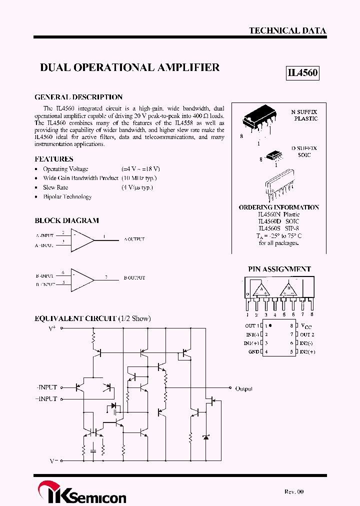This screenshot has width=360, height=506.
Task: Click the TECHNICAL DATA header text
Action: tap(287, 30)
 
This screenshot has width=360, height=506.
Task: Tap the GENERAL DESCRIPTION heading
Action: tap(78, 97)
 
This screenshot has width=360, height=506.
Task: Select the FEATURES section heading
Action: tap(54, 159)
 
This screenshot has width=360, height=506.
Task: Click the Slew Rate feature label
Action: tap(55, 187)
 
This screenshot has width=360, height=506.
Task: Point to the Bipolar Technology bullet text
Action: tap(67, 197)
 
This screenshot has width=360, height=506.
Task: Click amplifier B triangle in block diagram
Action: tap(81, 279)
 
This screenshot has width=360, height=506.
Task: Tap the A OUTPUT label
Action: tap(134, 239)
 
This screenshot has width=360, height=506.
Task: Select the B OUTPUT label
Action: tap(134, 277)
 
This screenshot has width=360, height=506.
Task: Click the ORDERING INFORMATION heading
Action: tap(278, 207)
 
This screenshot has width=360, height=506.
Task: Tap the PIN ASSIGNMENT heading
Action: tap(279, 269)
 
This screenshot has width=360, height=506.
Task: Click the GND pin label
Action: tap(253, 352)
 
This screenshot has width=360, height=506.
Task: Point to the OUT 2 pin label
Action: tap(307, 334)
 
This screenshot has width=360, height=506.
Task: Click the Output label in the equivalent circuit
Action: tap(244, 388)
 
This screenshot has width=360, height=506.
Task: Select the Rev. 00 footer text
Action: tap(294, 492)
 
